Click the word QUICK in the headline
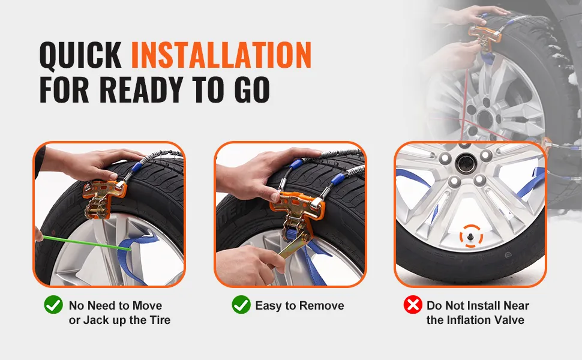pos(80,55)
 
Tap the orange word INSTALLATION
pos(221,55)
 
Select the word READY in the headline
pos(140,89)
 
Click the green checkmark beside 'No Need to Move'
pos(53,305)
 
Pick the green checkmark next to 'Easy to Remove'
pos(241,305)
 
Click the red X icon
pos(413,305)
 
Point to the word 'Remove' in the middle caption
pos(322,305)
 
